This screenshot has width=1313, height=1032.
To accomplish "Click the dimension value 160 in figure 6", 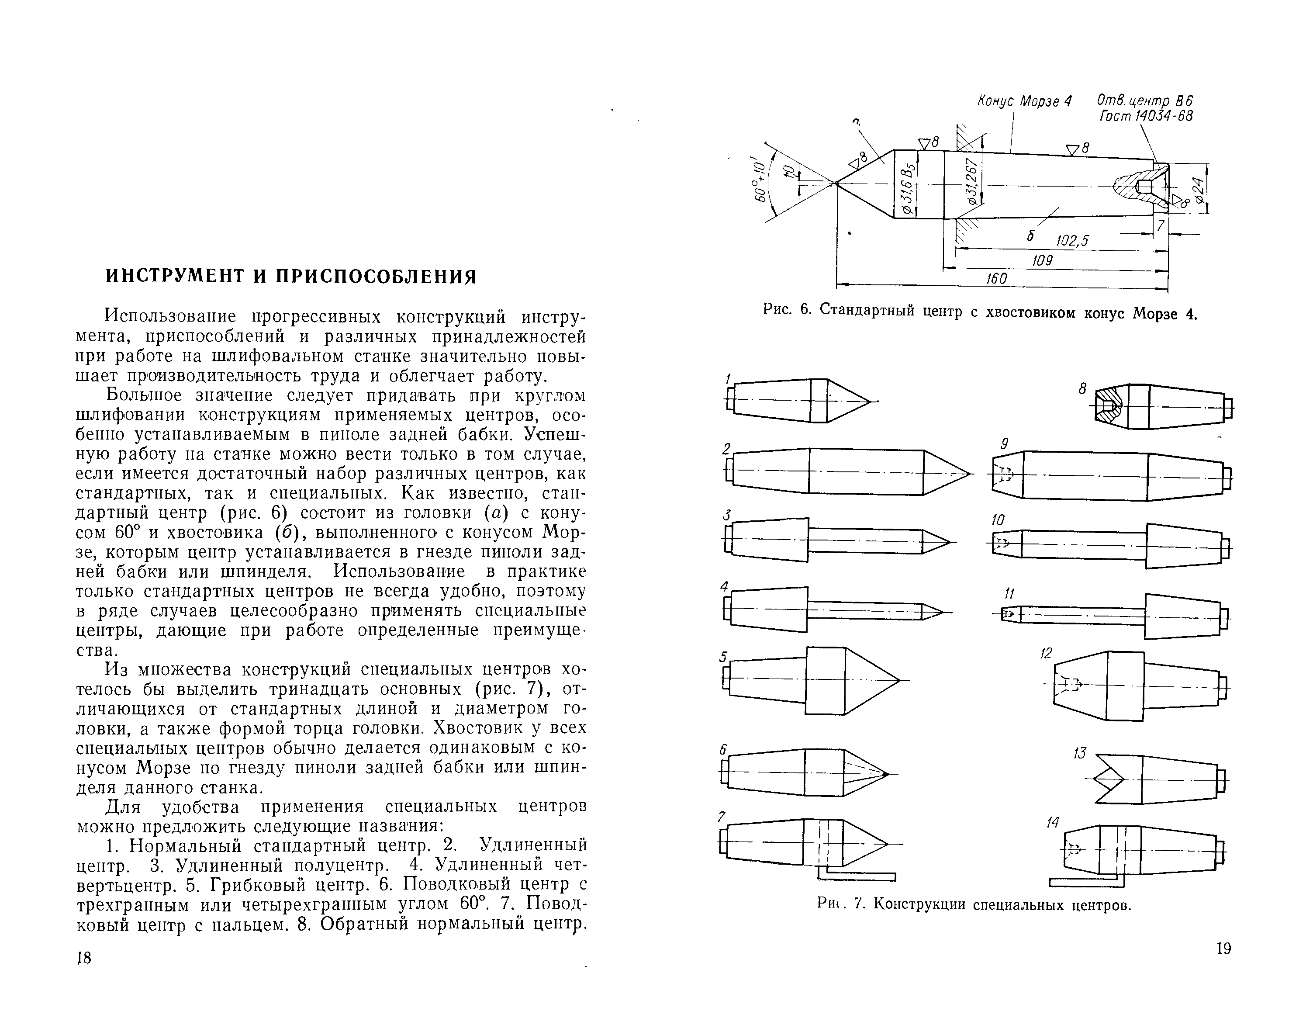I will tap(996, 279).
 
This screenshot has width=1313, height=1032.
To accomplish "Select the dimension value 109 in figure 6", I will tap(1042, 260).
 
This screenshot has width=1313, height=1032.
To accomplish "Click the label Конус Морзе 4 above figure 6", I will tap(1024, 101).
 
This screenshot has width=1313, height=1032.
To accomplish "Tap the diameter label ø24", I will tap(1199, 189).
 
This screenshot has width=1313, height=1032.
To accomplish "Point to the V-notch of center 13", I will tap(1111, 779).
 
